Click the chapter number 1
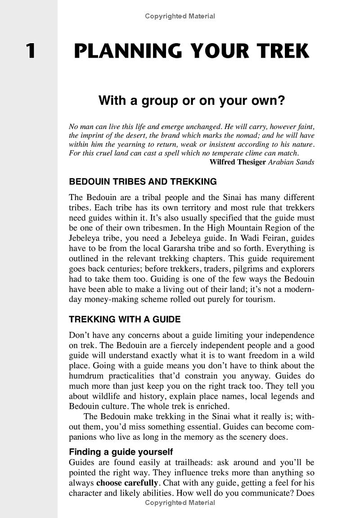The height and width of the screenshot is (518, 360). (x=30, y=51)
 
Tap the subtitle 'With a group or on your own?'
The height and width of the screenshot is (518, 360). (x=192, y=101)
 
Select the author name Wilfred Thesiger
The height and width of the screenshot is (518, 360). (x=238, y=162)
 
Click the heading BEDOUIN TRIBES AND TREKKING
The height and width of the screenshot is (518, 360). (x=143, y=182)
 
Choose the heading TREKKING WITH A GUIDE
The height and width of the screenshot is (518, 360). (x=124, y=320)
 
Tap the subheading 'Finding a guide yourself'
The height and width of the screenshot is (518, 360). (x=121, y=451)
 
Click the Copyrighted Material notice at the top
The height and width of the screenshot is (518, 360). (x=180, y=17)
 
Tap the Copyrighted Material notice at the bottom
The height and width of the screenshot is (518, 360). (x=180, y=502)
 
